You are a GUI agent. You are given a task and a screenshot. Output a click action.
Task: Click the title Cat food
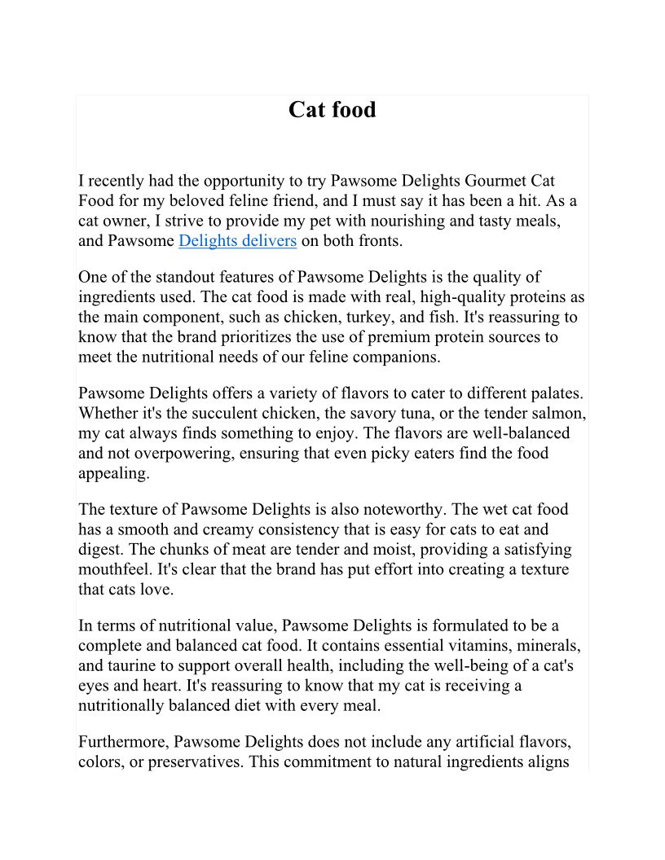(x=332, y=110)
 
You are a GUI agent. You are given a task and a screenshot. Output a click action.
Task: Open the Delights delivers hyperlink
(x=237, y=240)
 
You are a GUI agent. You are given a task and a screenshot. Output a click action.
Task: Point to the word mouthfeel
(x=118, y=569)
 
